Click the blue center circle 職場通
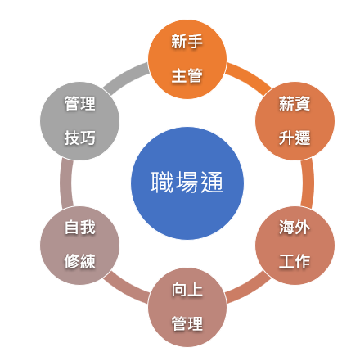tap(187, 183)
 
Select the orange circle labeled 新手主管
tap(187, 59)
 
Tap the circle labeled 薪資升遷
tap(295, 121)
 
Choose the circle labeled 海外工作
tap(295, 246)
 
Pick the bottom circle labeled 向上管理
tap(187, 307)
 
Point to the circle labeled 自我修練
tap(79, 246)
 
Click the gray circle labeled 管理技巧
tap(79, 121)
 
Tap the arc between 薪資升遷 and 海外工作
tap(308, 183)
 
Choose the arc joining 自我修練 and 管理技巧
tap(66, 183)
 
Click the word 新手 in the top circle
tap(187, 42)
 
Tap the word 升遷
tap(295, 138)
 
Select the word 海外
tap(295, 227)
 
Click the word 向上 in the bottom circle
tap(187, 289)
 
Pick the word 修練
tap(79, 261)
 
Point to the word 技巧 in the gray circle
tap(79, 138)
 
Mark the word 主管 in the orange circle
tap(187, 75)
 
